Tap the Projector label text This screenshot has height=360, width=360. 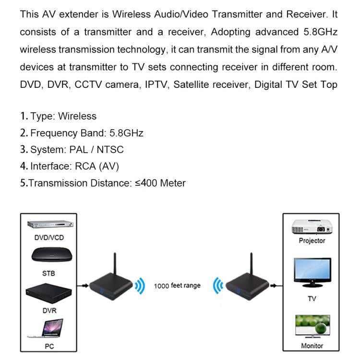coord(312,240)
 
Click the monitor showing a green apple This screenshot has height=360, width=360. coord(312,326)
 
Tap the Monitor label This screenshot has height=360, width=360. coord(312,346)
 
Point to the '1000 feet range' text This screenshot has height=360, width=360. coord(177,286)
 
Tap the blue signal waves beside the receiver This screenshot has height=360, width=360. coord(218,287)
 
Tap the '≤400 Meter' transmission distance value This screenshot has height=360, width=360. coord(160,183)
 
